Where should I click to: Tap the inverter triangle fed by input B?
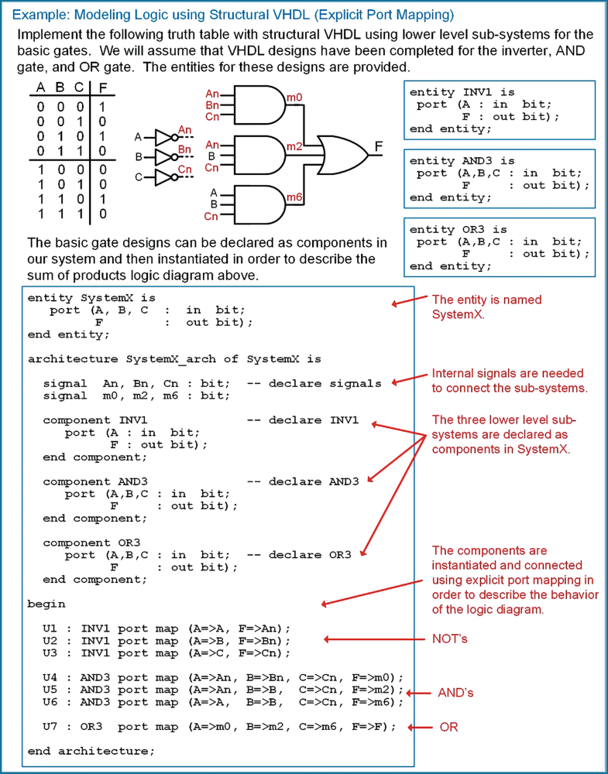164,158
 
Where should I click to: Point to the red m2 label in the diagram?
294,146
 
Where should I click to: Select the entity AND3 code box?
500,179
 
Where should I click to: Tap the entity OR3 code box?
500,247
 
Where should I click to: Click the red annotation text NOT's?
450,639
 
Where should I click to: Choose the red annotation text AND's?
456,693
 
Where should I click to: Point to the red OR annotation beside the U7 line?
448,728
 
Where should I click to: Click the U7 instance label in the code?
50,727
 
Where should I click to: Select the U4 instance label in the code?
50,677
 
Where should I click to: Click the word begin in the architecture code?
46,604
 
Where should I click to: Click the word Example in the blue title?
40,15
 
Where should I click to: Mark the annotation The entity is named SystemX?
486,307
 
